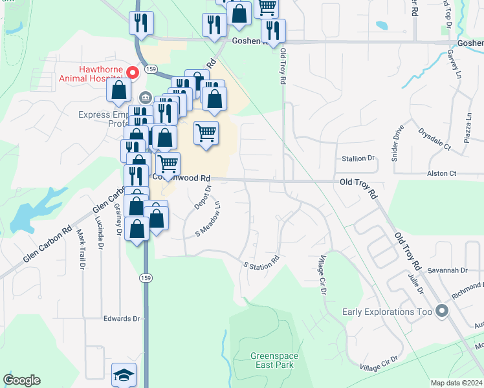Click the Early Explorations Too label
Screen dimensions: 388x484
click(387, 312)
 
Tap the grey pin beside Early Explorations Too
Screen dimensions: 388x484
click(442, 312)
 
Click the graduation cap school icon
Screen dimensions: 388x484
click(123, 375)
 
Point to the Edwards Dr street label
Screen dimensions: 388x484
click(122, 319)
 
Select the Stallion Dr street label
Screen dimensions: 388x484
click(358, 158)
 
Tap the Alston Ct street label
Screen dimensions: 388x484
click(441, 173)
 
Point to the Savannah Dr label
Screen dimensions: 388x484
click(451, 270)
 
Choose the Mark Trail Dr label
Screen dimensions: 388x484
click(82, 250)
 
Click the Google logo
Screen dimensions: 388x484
click(21, 380)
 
